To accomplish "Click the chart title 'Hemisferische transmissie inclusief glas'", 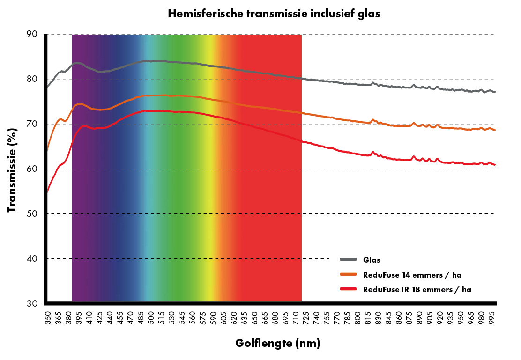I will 273,14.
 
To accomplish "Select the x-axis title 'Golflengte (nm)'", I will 277,344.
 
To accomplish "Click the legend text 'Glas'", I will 371,260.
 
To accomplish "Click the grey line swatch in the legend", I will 349,260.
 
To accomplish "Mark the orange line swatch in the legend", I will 349,275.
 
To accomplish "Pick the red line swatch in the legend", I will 349,289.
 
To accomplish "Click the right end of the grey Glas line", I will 495,92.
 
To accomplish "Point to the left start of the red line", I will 47,191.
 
